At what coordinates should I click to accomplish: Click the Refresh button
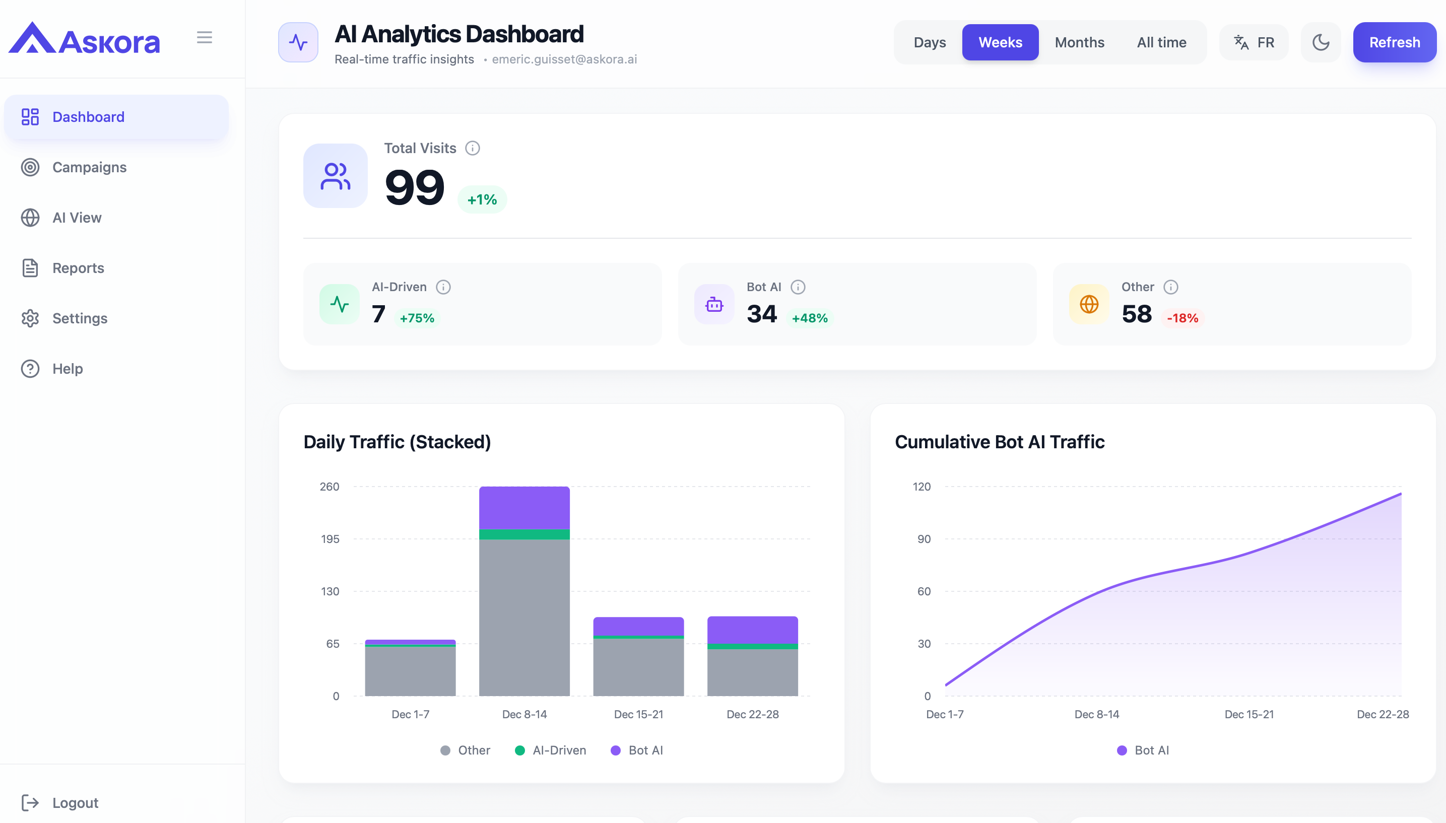click(1394, 42)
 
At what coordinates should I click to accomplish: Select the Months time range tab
click(1079, 42)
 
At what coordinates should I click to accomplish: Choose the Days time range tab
click(930, 42)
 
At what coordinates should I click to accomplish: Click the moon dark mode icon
click(1320, 42)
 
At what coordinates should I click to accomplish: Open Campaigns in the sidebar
click(89, 167)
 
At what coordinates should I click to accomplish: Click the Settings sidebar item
click(79, 318)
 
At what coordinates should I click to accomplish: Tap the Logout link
click(75, 803)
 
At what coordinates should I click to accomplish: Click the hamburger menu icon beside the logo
click(204, 37)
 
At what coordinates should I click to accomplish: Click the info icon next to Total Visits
click(472, 148)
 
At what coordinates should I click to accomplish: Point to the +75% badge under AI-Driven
click(417, 318)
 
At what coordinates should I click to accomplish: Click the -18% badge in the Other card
click(1182, 318)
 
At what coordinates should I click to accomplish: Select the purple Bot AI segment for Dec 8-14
click(524, 507)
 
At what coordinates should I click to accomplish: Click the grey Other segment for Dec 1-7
click(410, 671)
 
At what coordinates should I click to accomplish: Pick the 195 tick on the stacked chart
click(330, 539)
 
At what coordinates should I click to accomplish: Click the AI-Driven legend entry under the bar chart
click(551, 750)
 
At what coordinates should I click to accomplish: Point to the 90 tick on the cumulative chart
click(924, 539)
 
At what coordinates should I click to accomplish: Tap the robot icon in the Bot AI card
click(714, 305)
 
